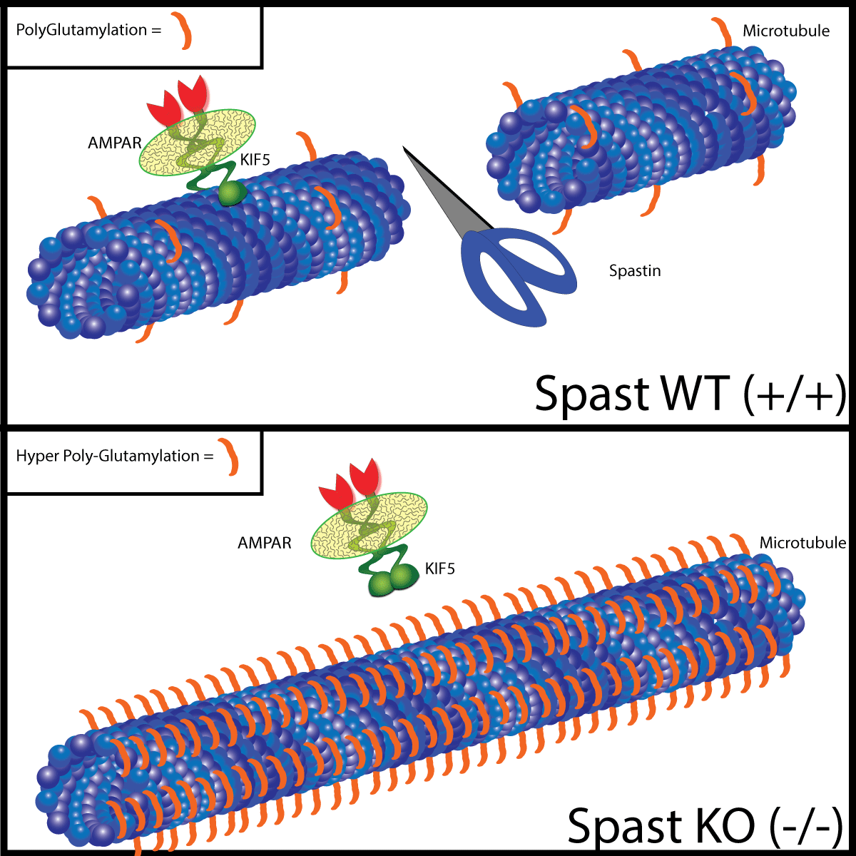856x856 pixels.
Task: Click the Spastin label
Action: coord(634,271)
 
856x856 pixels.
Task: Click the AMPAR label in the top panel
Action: coord(115,143)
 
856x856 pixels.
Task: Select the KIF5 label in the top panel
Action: coord(255,160)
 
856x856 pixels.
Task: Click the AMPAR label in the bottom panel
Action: coord(265,543)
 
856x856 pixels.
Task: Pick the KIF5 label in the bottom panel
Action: coord(439,569)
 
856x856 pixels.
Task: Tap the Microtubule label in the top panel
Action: coord(786,31)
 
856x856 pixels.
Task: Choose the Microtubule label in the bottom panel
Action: coord(802,543)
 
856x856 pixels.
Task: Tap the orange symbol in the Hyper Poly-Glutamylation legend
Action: coord(229,457)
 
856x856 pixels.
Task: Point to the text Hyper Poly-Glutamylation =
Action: coord(114,456)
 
